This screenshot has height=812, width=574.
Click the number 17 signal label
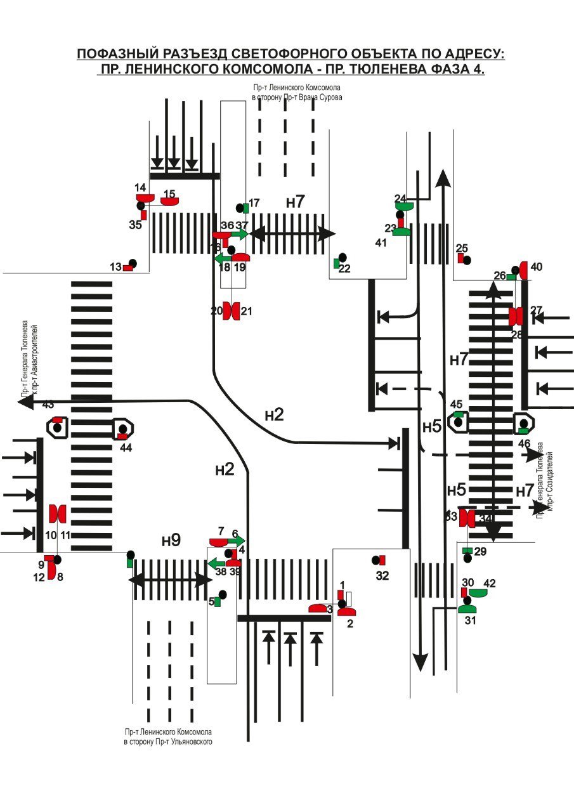coord(254,203)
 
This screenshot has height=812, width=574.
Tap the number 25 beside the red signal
coord(462,248)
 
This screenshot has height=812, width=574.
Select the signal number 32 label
coord(382,575)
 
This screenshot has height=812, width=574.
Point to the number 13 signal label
coord(115,267)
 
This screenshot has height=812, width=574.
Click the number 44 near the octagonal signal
coord(126,447)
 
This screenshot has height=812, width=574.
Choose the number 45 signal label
coord(457,404)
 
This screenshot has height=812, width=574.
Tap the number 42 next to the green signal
coord(490,583)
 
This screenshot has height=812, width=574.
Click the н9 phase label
coord(171,540)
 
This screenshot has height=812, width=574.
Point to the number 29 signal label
coord(480,552)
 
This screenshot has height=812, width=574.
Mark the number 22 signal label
coord(344,268)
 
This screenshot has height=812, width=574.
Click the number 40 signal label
coord(537,267)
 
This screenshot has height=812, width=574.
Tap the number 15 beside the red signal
coord(169,193)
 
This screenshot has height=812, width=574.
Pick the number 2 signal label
coord(349,624)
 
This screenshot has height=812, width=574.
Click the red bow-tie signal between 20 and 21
coord(231,311)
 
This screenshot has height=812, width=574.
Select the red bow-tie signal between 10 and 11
coord(58,512)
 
